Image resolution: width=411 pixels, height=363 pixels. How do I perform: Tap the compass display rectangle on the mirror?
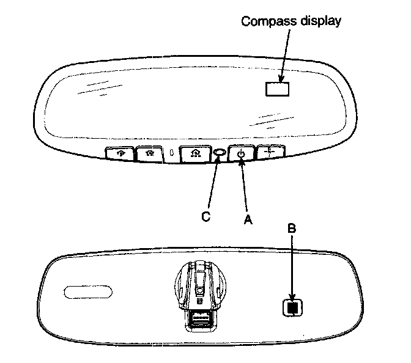pos(277,89)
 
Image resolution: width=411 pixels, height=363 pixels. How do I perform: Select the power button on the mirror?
pos(242,154)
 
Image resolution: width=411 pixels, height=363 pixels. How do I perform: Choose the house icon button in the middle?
pos(194,154)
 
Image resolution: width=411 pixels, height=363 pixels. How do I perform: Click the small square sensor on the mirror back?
pos(293,307)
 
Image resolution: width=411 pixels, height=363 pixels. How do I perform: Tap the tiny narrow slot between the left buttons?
pos(173,153)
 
